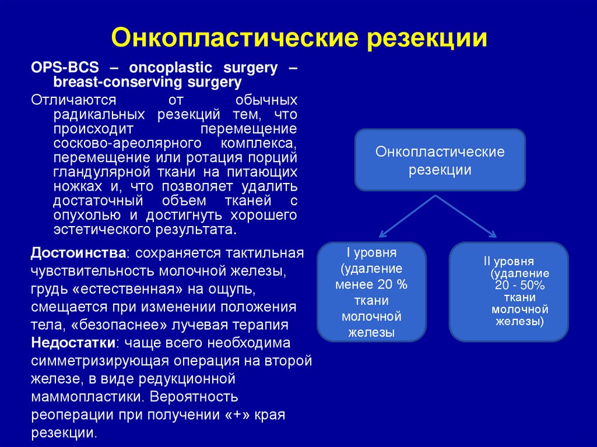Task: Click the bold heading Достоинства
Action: coord(78,254)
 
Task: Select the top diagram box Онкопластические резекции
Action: coord(440,160)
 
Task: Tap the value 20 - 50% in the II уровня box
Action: coord(519,285)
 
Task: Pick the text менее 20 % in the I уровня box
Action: coord(371,285)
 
